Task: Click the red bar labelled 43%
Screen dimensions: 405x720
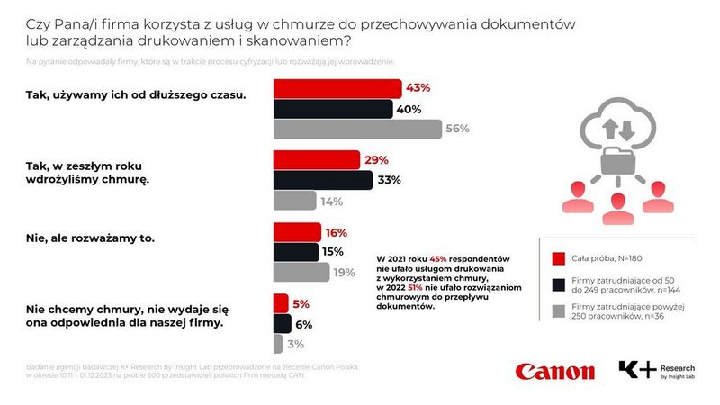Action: coord(337,88)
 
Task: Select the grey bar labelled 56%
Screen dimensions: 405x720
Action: coord(357,129)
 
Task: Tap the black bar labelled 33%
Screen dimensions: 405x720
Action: coord(322,180)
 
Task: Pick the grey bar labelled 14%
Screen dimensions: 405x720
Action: coord(294,200)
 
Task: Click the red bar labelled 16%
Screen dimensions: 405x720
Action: coord(296,231)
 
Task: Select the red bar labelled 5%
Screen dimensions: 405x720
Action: coord(281,303)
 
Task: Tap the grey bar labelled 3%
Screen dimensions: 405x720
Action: coord(278,343)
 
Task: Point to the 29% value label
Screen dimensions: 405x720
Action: coord(376,160)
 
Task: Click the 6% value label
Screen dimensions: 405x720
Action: coord(303,324)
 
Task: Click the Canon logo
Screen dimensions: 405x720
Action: coord(554,371)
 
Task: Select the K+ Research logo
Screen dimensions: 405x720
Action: coord(654,371)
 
